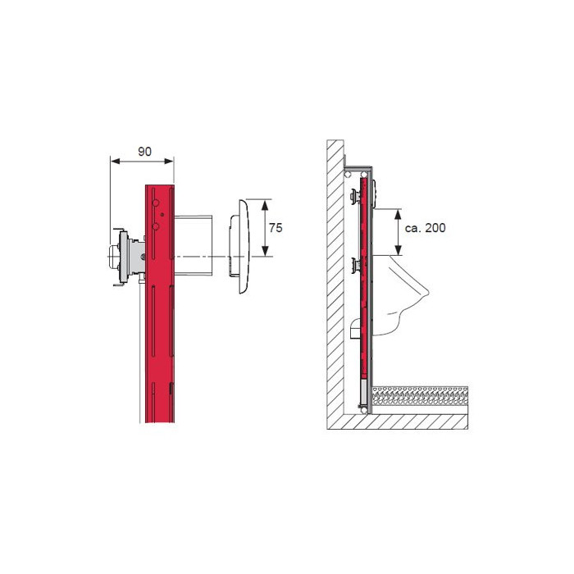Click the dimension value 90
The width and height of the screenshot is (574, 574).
point(144,151)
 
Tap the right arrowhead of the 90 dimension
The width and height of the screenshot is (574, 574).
point(169,161)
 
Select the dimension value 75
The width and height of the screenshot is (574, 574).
point(276,228)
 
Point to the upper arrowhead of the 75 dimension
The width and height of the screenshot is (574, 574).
point(265,205)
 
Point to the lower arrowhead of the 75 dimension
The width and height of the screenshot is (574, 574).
point(265,251)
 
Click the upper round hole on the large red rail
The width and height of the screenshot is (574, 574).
point(156,203)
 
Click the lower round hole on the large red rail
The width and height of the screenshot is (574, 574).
point(156,226)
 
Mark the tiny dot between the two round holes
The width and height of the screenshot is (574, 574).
point(162,215)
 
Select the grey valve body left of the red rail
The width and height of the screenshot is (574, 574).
point(127,257)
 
